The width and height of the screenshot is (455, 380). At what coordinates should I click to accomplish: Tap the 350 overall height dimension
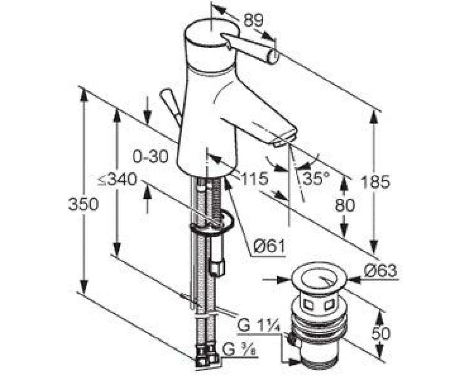pos(83,204)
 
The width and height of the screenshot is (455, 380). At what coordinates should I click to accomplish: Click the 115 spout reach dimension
pos(254,179)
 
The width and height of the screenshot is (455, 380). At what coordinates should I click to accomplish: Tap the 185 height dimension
pos(375,182)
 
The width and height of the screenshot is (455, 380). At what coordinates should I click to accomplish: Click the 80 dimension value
pos(345,206)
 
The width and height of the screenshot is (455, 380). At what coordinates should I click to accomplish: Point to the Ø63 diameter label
pos(380,271)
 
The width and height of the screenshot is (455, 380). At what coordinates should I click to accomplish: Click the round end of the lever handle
pos(273,56)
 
